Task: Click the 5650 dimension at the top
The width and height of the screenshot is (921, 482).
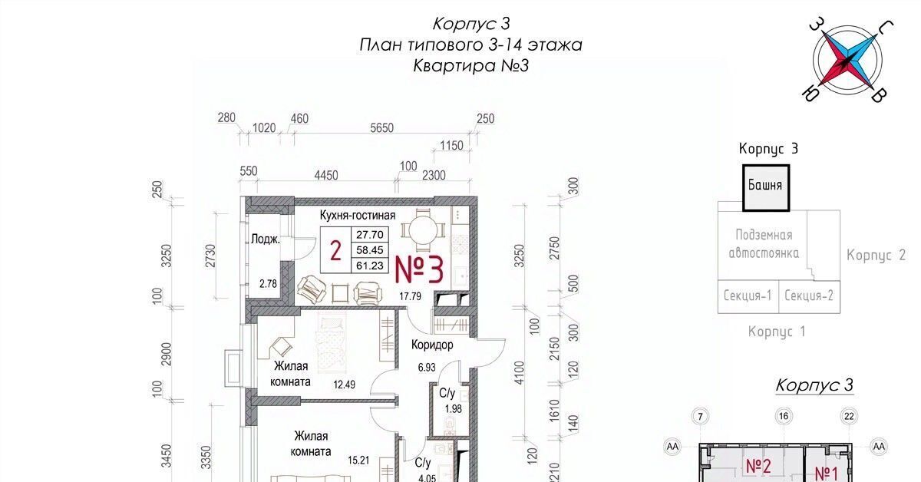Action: (x=381, y=128)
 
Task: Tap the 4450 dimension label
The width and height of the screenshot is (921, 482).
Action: (x=326, y=176)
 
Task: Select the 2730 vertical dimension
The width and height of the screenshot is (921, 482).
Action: (x=210, y=256)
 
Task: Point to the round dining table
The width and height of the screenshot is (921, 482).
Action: (x=423, y=231)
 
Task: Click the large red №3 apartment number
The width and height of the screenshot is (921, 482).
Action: (x=419, y=270)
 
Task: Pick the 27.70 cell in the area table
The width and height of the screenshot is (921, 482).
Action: (x=370, y=235)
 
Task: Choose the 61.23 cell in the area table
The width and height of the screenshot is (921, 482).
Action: (x=370, y=266)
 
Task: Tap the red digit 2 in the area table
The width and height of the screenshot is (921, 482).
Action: (x=335, y=251)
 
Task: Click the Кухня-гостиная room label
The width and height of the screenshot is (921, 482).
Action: (x=358, y=215)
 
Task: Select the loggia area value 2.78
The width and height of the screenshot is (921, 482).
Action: (x=268, y=283)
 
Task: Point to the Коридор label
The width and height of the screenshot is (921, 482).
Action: (x=432, y=345)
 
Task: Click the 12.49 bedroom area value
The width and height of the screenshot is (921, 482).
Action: (x=344, y=385)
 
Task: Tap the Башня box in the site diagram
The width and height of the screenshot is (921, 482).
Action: (x=766, y=188)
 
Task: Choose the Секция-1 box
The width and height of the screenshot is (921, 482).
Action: (x=748, y=296)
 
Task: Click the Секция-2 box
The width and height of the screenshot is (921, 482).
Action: (x=809, y=296)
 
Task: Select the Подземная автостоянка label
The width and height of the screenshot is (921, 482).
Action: (x=764, y=244)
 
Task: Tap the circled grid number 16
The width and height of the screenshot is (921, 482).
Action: (x=784, y=416)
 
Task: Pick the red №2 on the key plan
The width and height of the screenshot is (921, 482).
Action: (x=758, y=467)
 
